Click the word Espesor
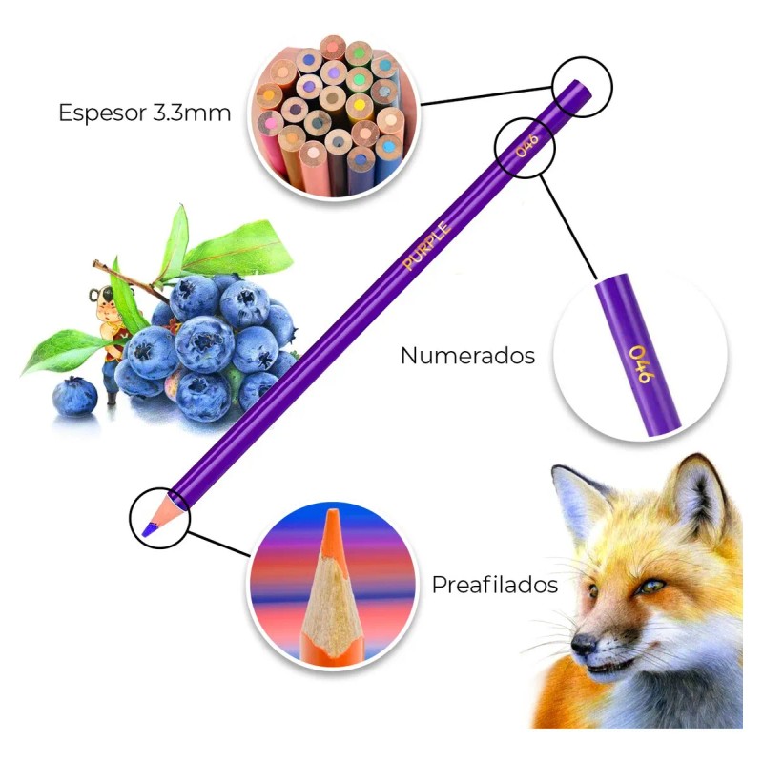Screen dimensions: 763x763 [102, 113]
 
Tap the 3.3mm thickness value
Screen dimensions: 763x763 [192, 113]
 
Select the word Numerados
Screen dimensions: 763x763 [467, 356]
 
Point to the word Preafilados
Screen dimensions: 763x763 [494, 585]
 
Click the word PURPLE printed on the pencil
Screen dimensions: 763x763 [426, 245]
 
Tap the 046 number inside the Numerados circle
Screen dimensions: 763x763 [642, 364]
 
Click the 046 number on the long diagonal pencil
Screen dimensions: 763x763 [527, 145]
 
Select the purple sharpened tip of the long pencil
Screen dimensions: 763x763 [149, 529]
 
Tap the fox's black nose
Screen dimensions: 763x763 [583, 644]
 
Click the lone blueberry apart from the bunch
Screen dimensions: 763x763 [74, 397]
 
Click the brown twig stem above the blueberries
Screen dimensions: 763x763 [128, 280]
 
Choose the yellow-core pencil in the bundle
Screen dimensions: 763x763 [360, 106]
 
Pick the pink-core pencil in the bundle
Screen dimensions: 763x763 [269, 125]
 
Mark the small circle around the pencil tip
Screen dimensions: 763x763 [159, 518]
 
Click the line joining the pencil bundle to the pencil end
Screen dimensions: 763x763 [486, 95]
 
